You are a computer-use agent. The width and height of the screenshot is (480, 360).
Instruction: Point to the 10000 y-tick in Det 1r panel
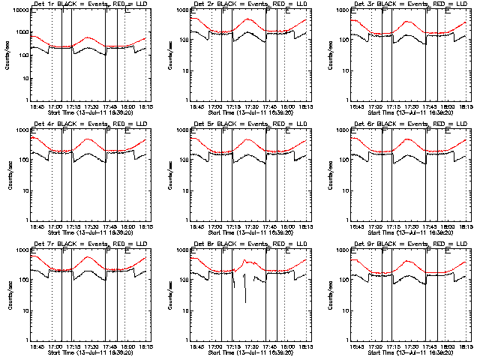coord(18,12)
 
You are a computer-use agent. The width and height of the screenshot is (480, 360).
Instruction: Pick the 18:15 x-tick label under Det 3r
coord(464,106)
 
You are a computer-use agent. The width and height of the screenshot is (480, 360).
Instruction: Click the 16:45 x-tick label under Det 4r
coord(37,226)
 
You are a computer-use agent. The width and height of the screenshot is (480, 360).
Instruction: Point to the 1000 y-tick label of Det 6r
coord(337,130)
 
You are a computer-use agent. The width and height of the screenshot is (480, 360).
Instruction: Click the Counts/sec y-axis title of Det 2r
coord(168,56)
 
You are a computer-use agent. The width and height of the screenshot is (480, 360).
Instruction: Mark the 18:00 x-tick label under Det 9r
coord(448,346)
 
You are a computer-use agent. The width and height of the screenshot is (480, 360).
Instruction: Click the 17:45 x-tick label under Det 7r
coord(110,346)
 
